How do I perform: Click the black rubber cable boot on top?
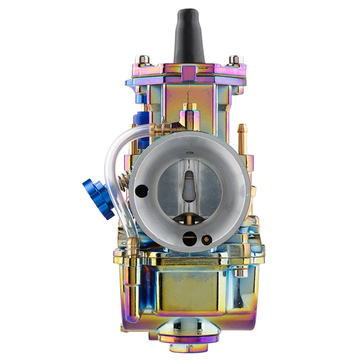pos(189,36)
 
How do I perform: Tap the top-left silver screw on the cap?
pos(143,60)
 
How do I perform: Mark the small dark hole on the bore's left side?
pos(142,191)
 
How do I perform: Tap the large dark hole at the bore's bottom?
pos(189,239)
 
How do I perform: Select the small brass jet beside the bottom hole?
pos(206,239)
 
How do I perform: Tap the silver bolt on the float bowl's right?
pos(240,272)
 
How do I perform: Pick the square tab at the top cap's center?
pos(189,73)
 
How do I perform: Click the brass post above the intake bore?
pos(189,113)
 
